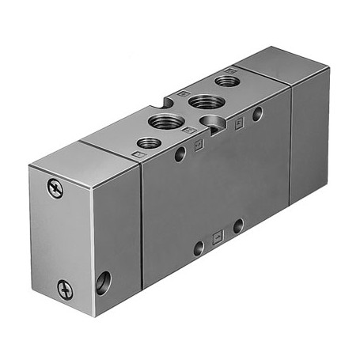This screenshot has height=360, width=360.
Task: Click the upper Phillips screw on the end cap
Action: (x=54, y=189)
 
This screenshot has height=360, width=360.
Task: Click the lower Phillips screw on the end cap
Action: (x=65, y=290)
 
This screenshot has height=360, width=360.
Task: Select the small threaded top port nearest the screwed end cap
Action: (x=148, y=143)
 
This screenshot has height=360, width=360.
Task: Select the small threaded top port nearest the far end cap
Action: (x=227, y=80)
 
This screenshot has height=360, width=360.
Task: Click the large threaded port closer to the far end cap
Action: (x=205, y=100)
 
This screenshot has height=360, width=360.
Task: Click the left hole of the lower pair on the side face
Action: (x=199, y=248)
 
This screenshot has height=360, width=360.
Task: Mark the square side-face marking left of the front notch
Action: (x=198, y=143)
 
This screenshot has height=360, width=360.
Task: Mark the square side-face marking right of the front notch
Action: (x=237, y=123)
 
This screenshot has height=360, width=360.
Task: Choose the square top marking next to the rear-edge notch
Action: (x=184, y=94)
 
